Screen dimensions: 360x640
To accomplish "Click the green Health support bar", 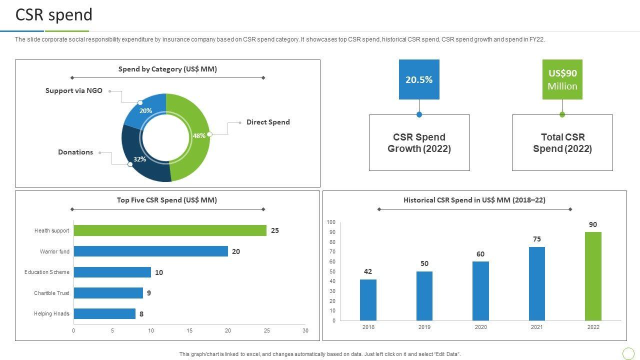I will coord(170,230).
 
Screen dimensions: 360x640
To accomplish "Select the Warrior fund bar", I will coord(150,251).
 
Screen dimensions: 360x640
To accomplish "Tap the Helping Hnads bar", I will coord(104,313).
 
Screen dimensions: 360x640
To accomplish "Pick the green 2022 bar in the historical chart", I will coord(593,276).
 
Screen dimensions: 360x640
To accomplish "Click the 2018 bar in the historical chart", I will coord(368,299).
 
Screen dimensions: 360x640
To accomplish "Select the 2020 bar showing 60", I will coord(480,290).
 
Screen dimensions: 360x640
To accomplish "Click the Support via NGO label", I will coord(74,90).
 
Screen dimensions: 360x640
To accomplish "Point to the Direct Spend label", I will coord(268,122).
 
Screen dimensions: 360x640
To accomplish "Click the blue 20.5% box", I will coord(419,79).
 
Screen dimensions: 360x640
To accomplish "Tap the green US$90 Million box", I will coord(562,79).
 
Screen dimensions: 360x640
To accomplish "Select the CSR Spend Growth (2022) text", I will coord(419,143).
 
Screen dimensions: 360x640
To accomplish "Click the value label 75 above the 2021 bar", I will coord(537,239).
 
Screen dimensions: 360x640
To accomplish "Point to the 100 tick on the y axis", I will coord(331,222).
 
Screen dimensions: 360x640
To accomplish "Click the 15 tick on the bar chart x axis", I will coord(189,330).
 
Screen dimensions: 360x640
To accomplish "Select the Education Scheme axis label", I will coord(47,272).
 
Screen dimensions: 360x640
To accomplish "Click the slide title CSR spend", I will coord(54,15).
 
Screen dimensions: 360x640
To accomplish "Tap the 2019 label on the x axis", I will coord(424,327).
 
